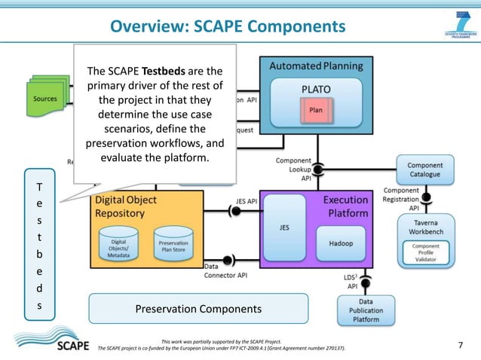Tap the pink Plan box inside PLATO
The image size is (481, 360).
[x=316, y=110]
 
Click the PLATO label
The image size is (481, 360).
[x=316, y=89]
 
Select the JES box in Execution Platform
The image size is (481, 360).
[x=284, y=226]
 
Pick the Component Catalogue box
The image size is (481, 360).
[x=424, y=170]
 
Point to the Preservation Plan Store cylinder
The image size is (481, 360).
[x=173, y=244]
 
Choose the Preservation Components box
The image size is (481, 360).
[x=198, y=309]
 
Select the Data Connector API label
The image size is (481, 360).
[x=226, y=270]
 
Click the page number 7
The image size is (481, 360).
[x=461, y=345]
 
